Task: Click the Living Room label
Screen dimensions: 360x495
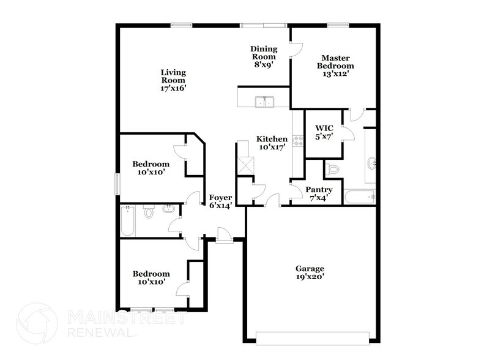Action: (x=173, y=80)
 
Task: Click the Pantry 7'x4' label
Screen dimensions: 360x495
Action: (x=319, y=193)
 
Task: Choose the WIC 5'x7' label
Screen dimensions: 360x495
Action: (x=323, y=132)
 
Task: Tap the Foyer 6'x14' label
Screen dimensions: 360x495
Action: (x=220, y=202)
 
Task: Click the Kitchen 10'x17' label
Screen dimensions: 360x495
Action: (x=272, y=143)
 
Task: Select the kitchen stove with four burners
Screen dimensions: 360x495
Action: (x=299, y=141)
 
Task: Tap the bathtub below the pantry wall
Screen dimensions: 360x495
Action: (x=359, y=197)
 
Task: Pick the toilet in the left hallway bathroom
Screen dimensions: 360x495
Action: (x=149, y=212)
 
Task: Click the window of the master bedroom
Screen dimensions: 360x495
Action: (x=337, y=24)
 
